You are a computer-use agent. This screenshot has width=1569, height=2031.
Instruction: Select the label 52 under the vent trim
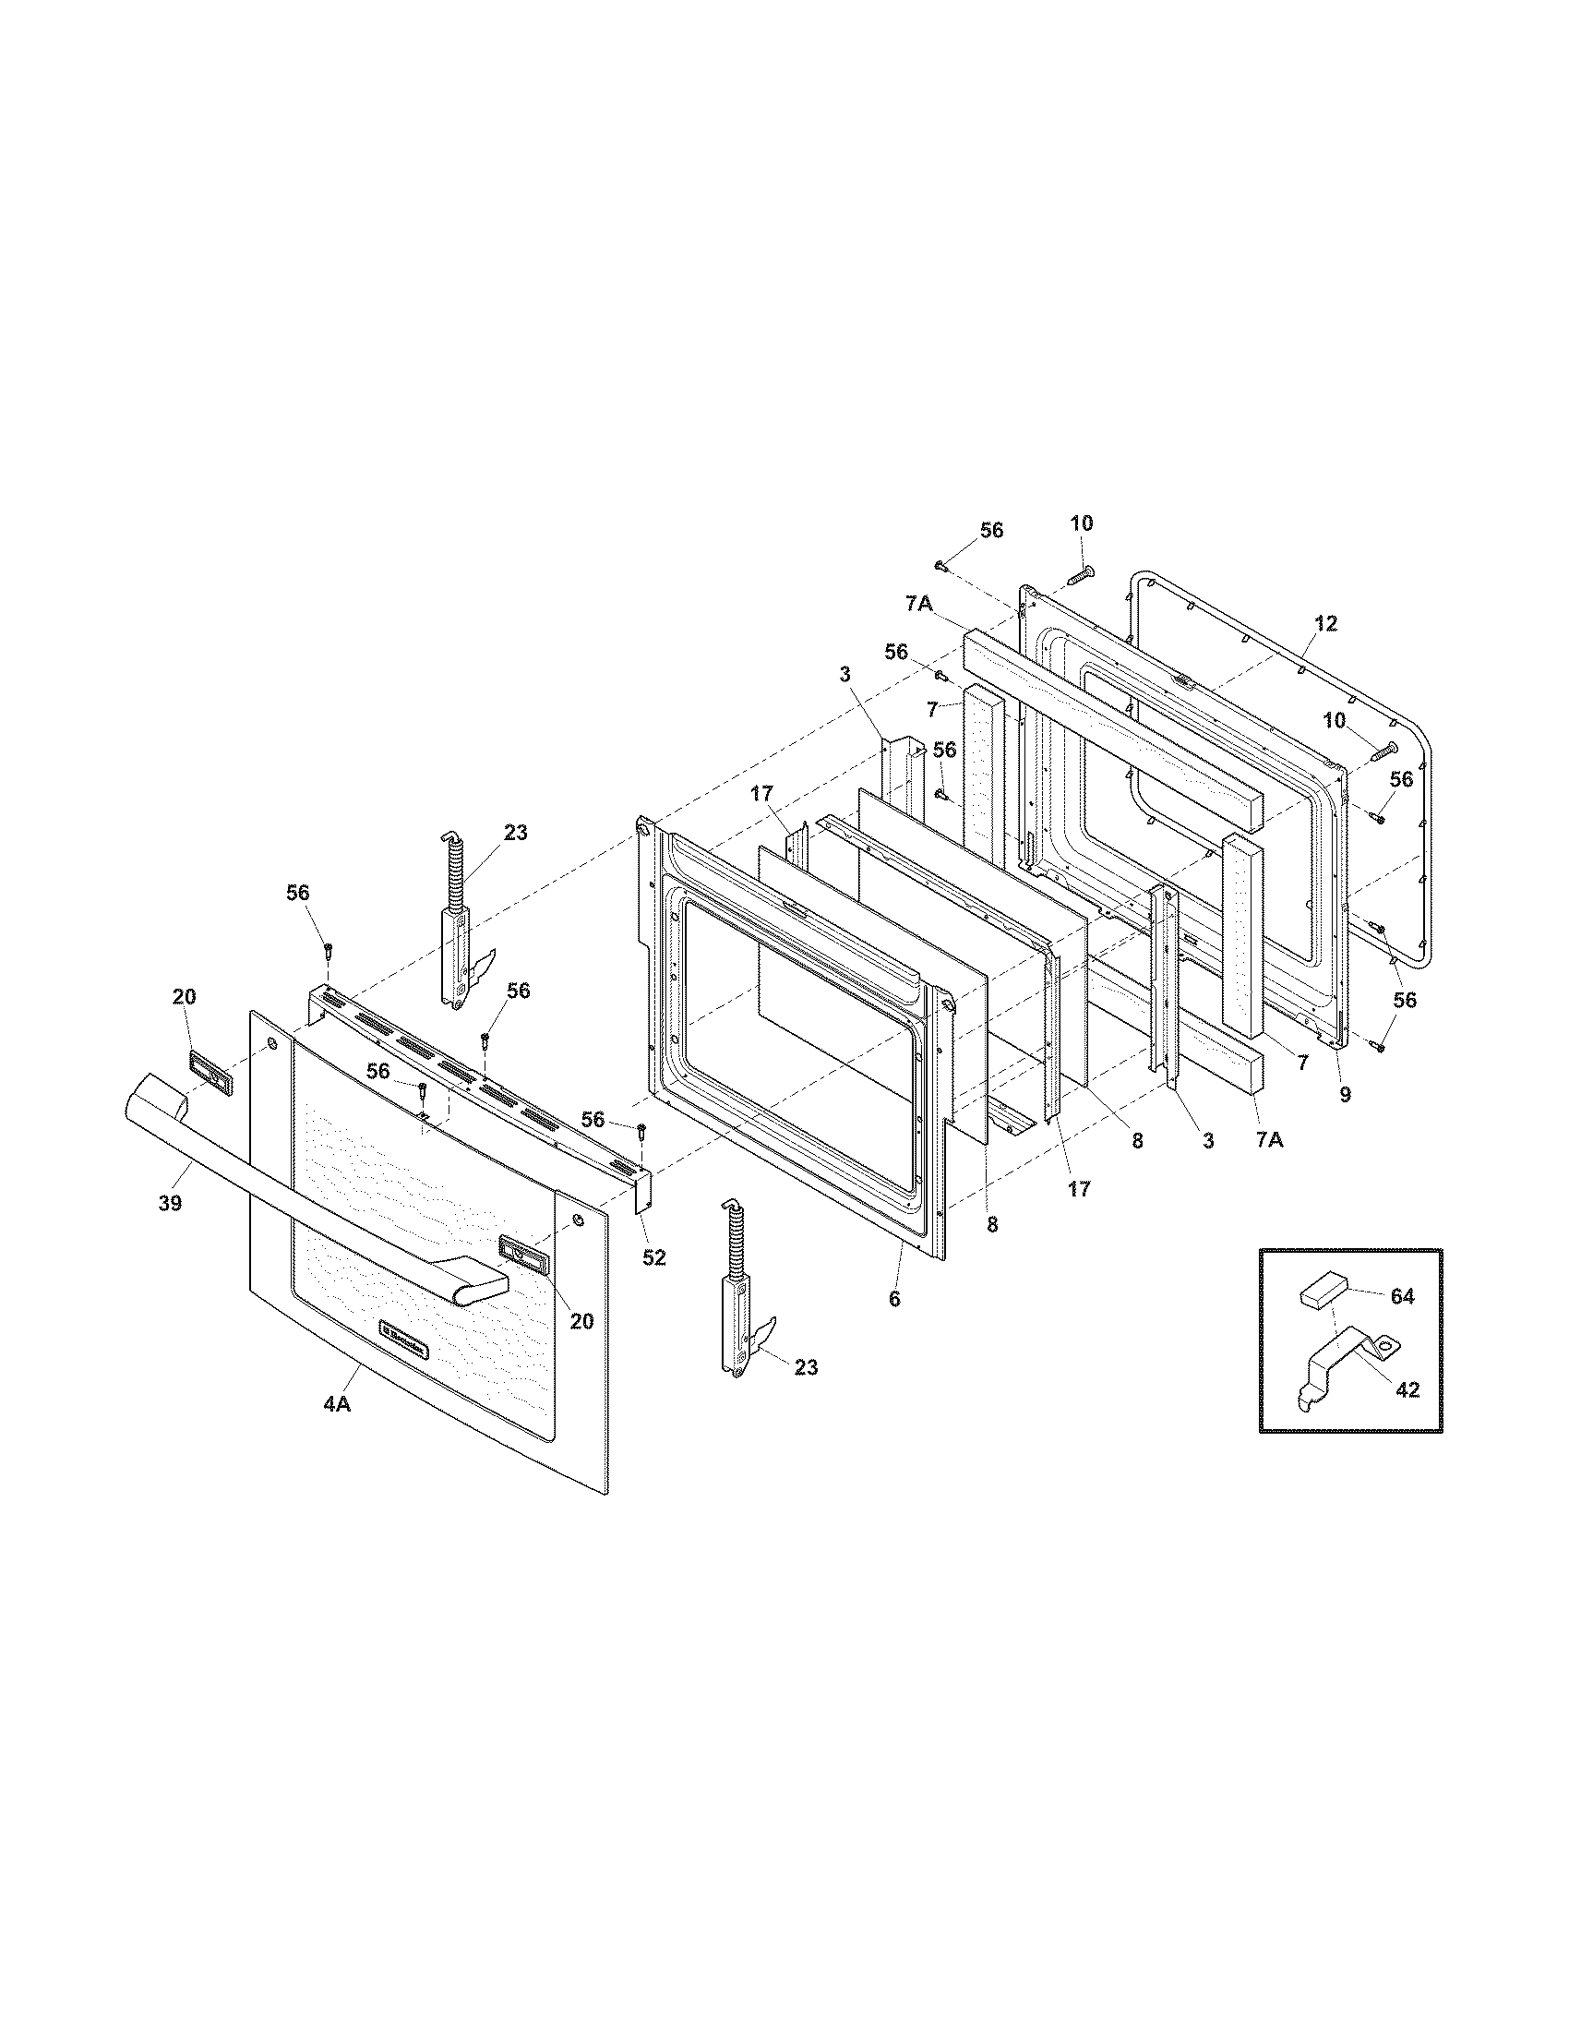(654, 1257)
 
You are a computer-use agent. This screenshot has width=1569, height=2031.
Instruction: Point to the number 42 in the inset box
(1407, 1388)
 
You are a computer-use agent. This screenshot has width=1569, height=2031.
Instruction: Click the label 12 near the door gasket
(1326, 623)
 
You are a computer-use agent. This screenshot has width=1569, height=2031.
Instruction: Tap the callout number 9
(1345, 1095)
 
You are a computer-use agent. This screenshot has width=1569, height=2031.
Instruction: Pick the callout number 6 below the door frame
(894, 1299)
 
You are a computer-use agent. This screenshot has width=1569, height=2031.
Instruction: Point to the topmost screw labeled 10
(1080, 576)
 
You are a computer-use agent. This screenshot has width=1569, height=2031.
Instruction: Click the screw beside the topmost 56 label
(941, 564)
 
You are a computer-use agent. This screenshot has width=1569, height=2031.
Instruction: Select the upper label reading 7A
(918, 604)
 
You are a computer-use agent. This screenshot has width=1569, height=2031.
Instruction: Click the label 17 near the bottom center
(1078, 1187)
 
